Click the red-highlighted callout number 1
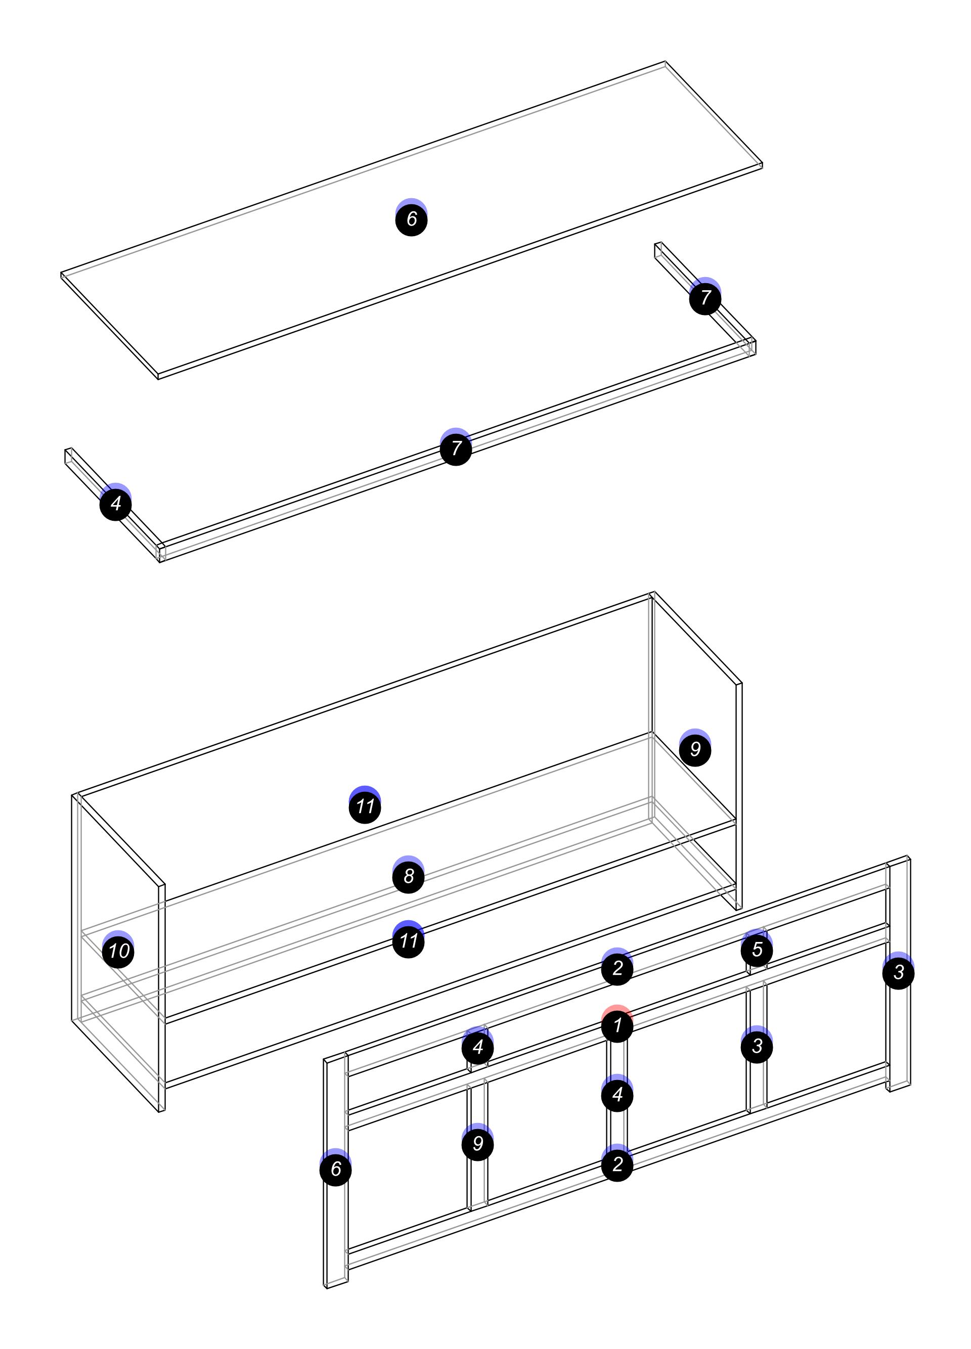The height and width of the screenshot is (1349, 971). click(x=617, y=1025)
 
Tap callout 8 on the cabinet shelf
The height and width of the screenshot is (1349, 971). click(x=409, y=876)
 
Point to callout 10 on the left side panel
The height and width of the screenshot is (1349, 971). click(x=118, y=951)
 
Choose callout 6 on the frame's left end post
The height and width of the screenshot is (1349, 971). click(x=336, y=1170)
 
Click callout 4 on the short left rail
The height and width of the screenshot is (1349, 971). click(x=116, y=504)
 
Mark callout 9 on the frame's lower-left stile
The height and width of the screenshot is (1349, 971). click(x=478, y=1144)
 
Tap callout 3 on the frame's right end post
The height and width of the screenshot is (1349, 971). click(x=898, y=972)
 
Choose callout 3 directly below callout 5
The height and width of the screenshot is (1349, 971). click(x=757, y=1046)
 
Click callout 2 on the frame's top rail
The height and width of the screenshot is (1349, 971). click(x=617, y=968)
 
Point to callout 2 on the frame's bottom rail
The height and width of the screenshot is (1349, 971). click(x=617, y=1164)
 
